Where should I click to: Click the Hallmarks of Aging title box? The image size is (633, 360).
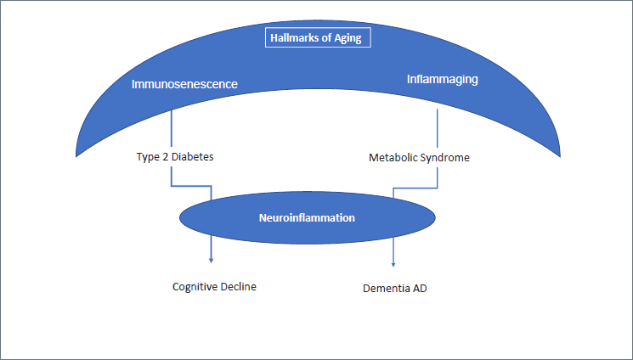coord(318,37)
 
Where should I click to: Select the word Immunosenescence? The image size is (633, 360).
coord(184,84)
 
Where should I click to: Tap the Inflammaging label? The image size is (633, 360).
coord(443,80)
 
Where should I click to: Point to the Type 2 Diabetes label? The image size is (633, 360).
coord(175,156)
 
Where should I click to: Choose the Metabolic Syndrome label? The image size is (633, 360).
coord(419,157)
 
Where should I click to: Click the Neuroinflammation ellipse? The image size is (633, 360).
coord(308,218)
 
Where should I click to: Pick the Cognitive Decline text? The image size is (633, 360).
coord(214,286)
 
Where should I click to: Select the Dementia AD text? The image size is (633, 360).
coord(395,288)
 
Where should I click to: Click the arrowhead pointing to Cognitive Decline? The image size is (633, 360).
coord(211,261)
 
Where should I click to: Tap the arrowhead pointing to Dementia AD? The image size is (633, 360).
coord(393,264)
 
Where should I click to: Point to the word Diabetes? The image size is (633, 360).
coord(192,156)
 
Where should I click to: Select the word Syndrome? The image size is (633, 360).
coord(445,157)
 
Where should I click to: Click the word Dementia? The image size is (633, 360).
coord(386,288)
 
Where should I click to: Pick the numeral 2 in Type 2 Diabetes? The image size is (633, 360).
coord(165,156)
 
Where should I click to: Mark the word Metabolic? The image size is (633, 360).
coord(393,157)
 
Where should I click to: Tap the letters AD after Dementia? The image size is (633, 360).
coord(420,288)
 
